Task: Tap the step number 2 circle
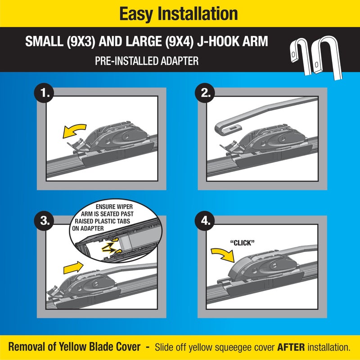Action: click(x=205, y=93)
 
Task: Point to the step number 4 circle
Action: click(x=205, y=221)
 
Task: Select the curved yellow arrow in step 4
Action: click(x=223, y=254)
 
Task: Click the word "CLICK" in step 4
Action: click(x=242, y=243)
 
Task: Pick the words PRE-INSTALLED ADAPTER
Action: click(x=147, y=61)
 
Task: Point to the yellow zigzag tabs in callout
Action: click(x=110, y=245)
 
